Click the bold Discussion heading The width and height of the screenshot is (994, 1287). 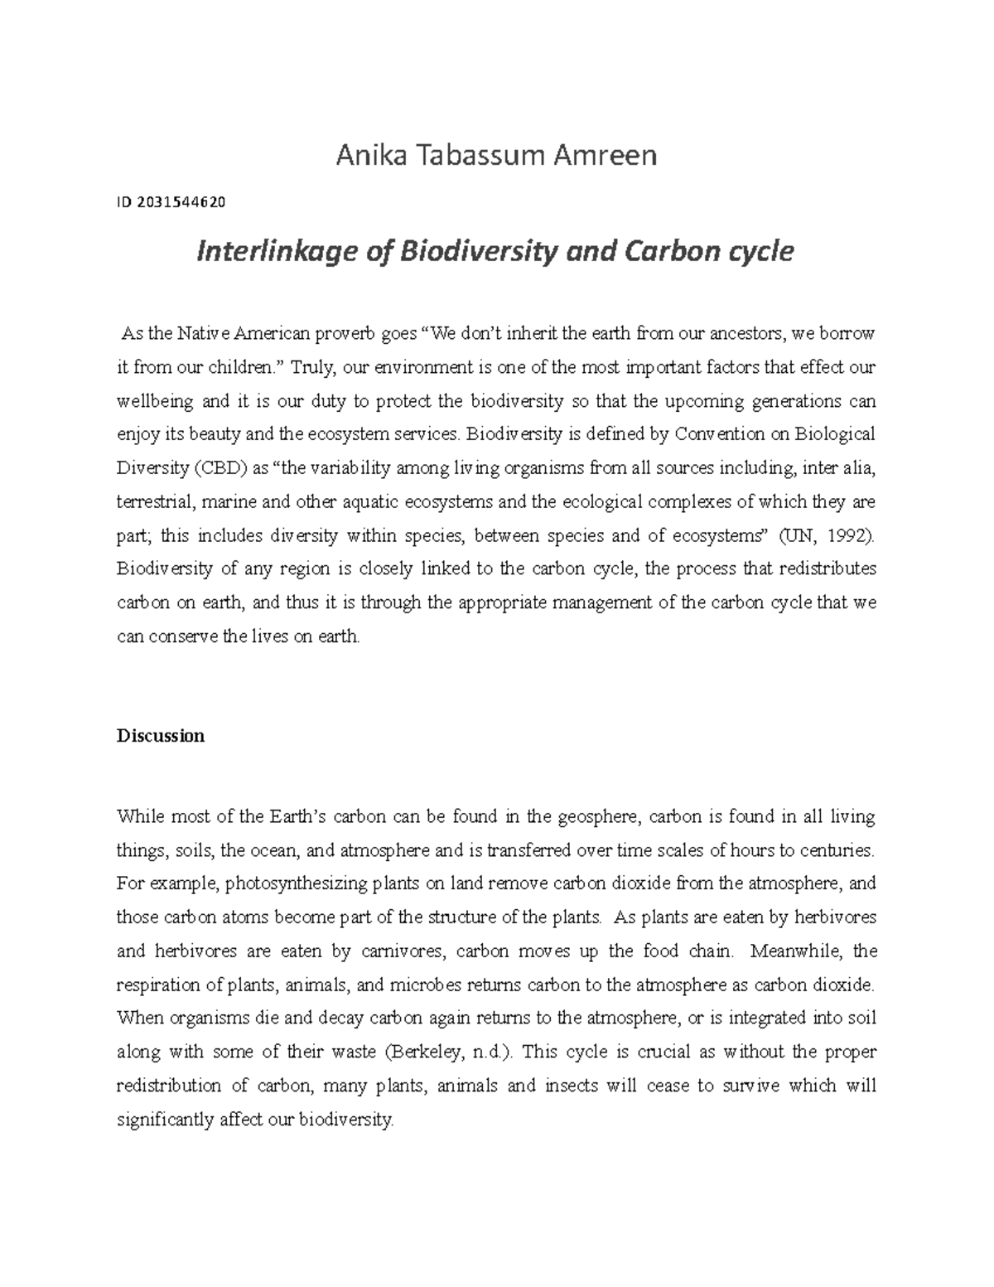tap(161, 735)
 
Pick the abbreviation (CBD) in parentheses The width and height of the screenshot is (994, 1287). tap(220, 468)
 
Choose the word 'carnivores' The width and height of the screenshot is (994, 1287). tap(404, 951)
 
